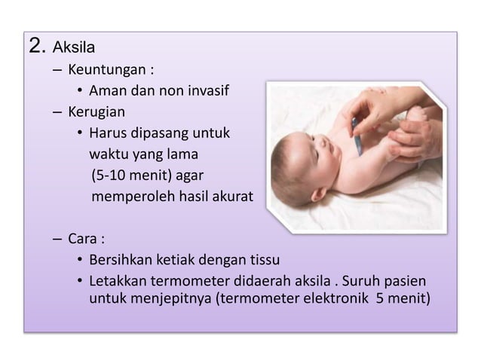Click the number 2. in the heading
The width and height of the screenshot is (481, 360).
click(x=36, y=48)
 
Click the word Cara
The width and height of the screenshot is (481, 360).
click(x=83, y=241)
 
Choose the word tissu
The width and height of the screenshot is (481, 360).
click(x=263, y=262)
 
